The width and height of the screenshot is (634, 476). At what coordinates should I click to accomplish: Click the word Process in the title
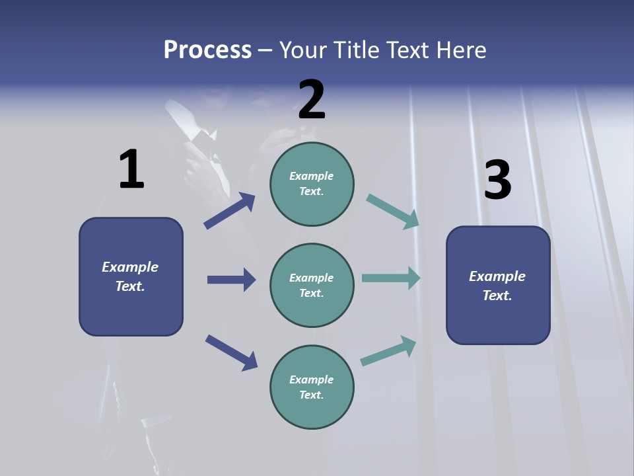click(207, 50)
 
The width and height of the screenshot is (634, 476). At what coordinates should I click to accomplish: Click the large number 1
click(131, 170)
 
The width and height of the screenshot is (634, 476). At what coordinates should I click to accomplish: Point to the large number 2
click(312, 100)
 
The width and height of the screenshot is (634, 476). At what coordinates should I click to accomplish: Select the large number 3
click(498, 180)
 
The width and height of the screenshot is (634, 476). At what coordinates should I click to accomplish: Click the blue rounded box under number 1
click(131, 276)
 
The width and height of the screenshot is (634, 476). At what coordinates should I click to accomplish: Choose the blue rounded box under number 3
click(498, 285)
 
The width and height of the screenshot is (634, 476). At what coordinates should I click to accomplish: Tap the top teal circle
click(312, 184)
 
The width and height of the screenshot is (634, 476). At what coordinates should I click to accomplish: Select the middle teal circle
click(312, 285)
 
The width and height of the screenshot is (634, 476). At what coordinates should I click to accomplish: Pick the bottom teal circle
click(312, 387)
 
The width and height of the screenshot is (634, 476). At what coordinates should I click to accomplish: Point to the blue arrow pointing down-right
click(231, 352)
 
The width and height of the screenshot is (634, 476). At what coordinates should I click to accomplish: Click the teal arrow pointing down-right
click(392, 211)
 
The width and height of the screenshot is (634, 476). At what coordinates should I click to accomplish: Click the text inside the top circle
click(312, 184)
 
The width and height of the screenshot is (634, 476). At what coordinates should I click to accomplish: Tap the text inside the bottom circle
click(312, 387)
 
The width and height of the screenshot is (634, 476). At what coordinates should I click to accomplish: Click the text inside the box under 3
click(497, 286)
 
